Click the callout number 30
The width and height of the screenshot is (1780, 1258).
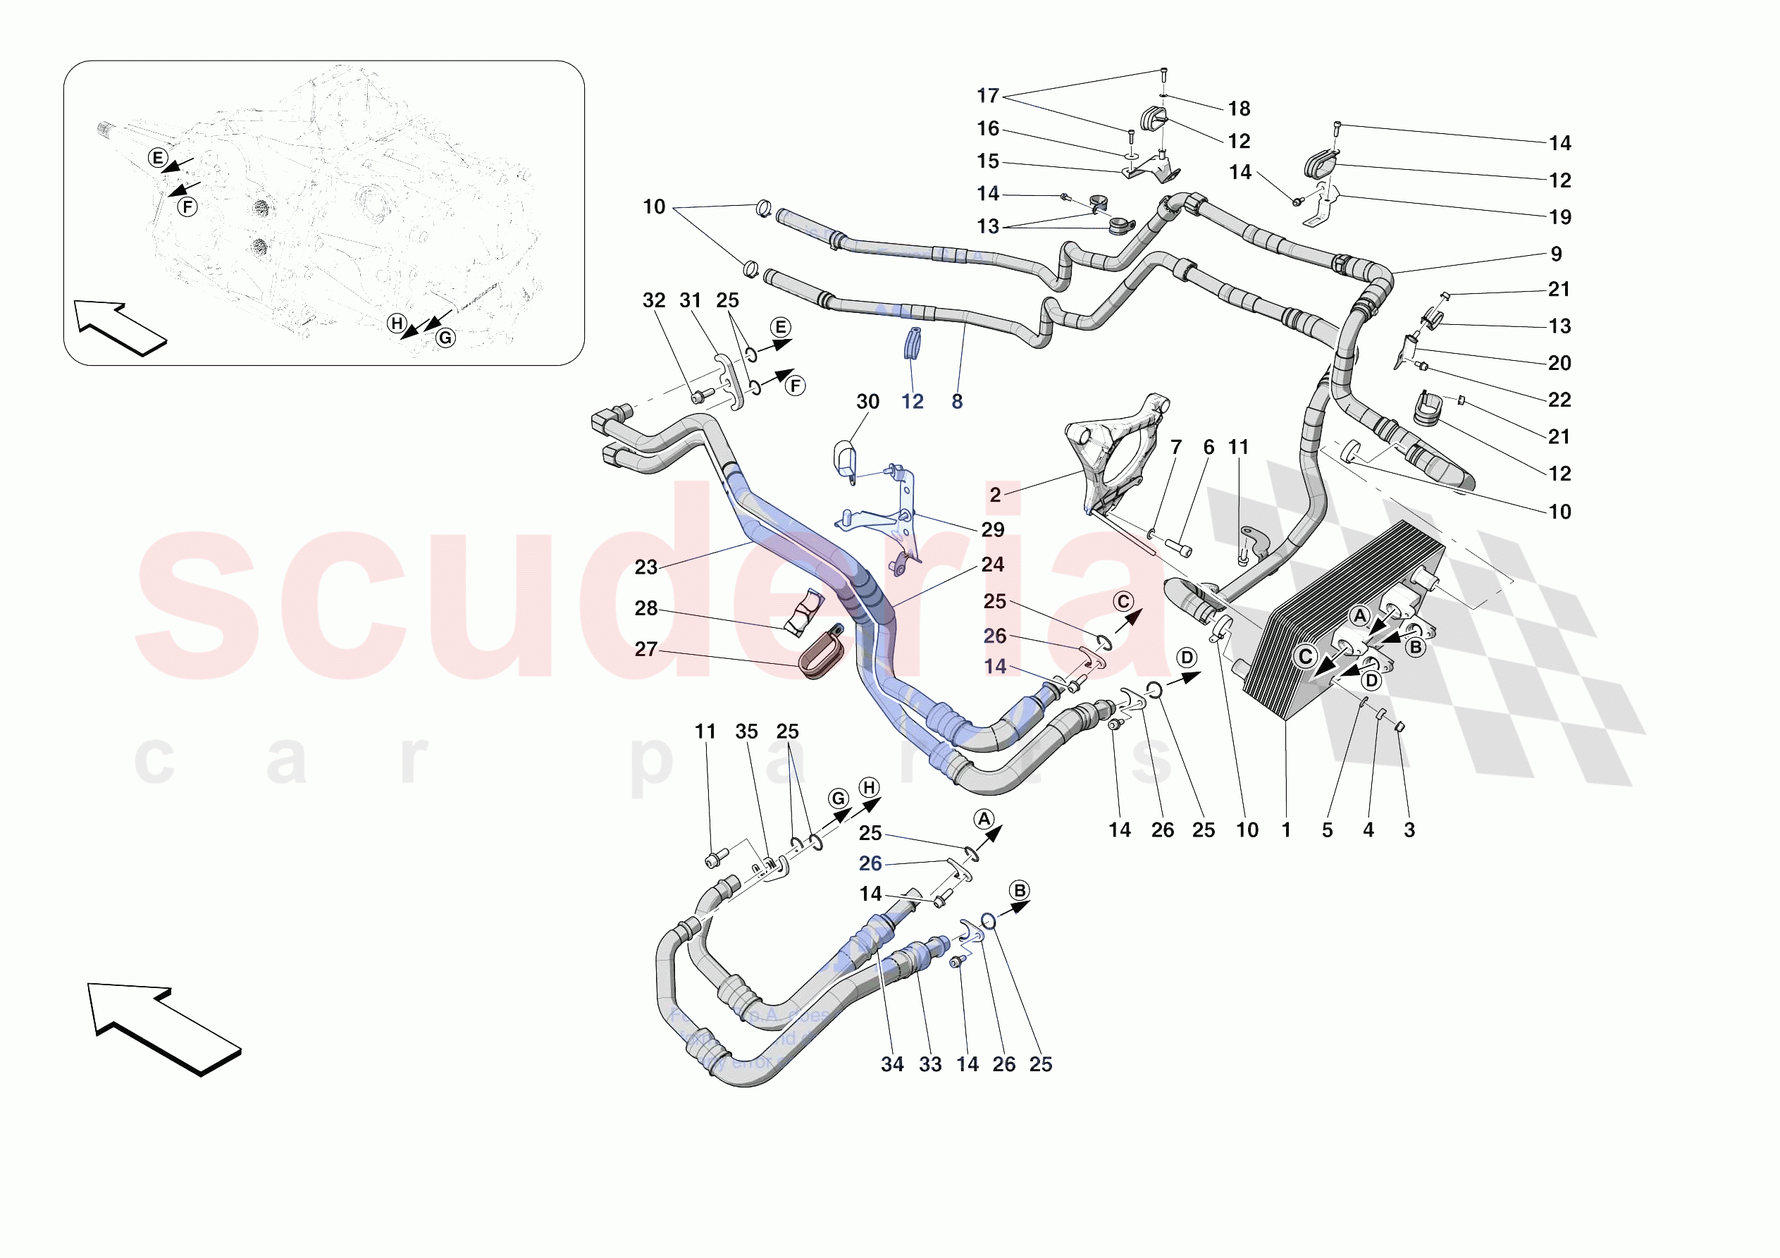(x=867, y=401)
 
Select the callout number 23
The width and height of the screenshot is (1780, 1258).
(x=645, y=567)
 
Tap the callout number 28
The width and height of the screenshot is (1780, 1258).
(x=645, y=608)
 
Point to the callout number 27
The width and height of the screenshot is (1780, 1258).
(x=645, y=648)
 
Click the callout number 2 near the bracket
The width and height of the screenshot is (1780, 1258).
(x=995, y=494)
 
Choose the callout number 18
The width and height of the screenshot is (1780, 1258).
(x=1238, y=109)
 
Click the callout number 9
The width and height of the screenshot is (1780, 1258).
(x=1556, y=254)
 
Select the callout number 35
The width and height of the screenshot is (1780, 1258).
(x=746, y=731)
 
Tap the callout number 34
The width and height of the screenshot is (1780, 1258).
(x=891, y=1063)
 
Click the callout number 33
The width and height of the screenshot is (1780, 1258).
(x=929, y=1063)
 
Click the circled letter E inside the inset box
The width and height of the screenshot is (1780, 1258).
(x=157, y=159)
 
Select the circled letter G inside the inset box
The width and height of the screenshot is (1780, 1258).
(x=445, y=338)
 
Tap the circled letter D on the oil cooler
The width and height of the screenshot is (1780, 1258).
(x=1371, y=680)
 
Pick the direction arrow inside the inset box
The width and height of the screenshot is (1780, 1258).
(x=118, y=326)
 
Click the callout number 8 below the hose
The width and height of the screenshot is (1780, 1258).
(x=957, y=401)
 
